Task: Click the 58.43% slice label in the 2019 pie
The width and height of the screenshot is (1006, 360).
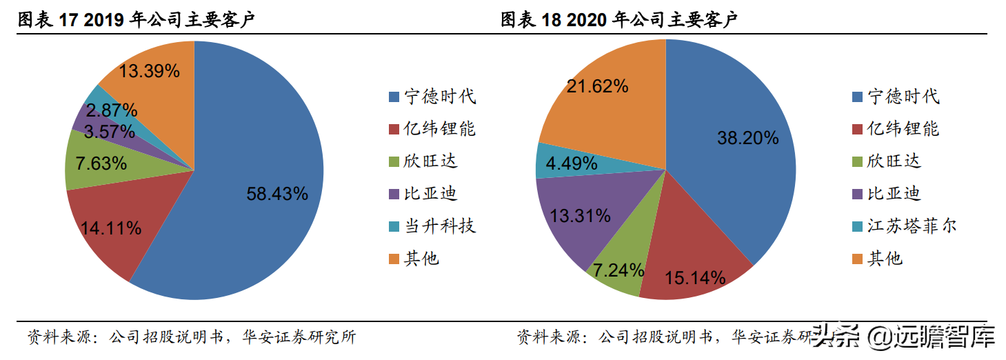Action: click(277, 194)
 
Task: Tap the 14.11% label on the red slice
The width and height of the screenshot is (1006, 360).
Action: click(110, 228)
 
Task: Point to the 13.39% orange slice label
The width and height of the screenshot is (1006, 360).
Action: click(149, 70)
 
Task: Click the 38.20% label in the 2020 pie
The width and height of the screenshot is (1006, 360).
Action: click(747, 137)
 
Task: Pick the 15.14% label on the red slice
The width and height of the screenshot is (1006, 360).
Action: click(694, 278)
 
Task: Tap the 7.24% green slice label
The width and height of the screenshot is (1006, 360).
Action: click(614, 270)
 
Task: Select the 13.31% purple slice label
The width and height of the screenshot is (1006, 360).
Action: click(580, 216)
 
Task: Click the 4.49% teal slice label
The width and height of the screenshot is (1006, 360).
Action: click(571, 163)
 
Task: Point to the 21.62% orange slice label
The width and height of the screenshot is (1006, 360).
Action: click(597, 86)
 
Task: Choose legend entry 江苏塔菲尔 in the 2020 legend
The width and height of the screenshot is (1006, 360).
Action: click(912, 226)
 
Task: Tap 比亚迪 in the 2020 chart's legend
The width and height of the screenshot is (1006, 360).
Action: click(894, 194)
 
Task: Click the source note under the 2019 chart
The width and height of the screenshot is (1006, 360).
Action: click(192, 337)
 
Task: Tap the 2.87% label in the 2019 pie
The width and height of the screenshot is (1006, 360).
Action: click(112, 110)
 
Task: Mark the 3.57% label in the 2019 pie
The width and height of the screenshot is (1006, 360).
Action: click(109, 131)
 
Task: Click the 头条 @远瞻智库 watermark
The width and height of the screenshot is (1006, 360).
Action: click(904, 338)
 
